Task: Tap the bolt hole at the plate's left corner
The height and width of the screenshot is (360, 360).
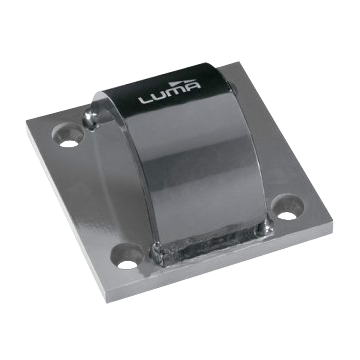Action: click(70, 131)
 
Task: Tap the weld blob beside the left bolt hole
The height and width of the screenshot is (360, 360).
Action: click(93, 118)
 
